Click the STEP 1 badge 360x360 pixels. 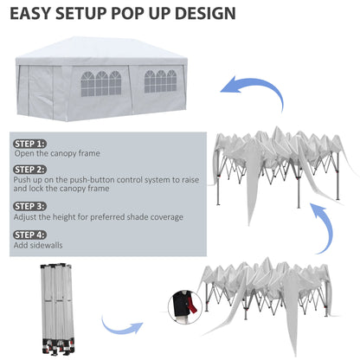(29, 143)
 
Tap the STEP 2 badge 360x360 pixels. (29, 170)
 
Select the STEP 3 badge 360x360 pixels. (29, 206)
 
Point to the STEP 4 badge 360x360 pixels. (29, 234)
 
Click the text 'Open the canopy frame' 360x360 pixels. (57, 153)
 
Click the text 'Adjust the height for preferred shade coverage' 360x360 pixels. (99, 216)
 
